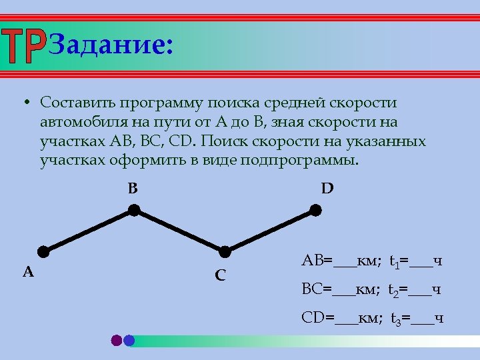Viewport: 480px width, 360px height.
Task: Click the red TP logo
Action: [24, 46]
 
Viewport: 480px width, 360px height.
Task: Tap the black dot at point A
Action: [43, 251]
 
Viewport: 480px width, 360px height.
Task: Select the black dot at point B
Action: [134, 210]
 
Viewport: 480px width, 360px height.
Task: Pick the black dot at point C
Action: [225, 251]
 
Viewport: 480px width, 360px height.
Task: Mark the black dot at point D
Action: [316, 210]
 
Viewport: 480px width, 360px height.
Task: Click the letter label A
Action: [28, 271]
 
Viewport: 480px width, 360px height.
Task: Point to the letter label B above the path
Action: [133, 189]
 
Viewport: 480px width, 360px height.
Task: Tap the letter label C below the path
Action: [220, 275]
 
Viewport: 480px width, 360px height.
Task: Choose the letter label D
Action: [327, 189]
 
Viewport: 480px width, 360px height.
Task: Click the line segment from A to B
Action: [89, 231]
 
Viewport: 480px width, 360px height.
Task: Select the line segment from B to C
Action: [180, 231]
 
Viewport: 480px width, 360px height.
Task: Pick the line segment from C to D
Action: [271, 231]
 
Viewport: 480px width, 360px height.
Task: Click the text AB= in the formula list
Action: [317, 260]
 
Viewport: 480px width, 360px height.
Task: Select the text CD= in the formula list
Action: [318, 317]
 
